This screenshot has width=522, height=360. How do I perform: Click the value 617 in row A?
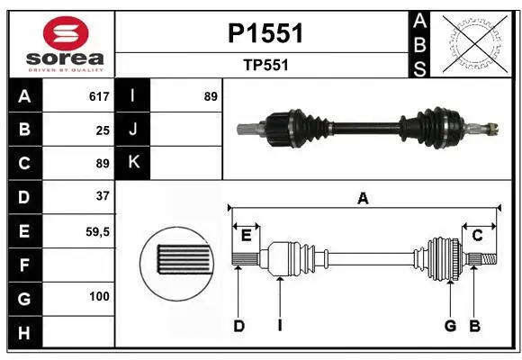pyautogui.click(x=99, y=96)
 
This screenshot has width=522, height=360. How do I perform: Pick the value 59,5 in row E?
pyautogui.click(x=97, y=231)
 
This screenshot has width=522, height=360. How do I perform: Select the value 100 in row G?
pyautogui.click(x=99, y=296)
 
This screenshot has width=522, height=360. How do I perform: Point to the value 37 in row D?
pyautogui.click(x=102, y=195)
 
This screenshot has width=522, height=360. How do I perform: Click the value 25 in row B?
pyautogui.click(x=102, y=130)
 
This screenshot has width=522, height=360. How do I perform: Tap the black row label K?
pyautogui.click(x=133, y=163)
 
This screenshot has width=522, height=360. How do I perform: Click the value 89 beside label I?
pyautogui.click(x=211, y=96)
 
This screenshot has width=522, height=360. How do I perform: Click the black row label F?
pyautogui.click(x=23, y=265)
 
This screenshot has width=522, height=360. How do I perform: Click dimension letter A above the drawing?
pyautogui.click(x=363, y=199)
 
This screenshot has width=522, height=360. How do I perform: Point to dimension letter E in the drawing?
pyautogui.click(x=246, y=235)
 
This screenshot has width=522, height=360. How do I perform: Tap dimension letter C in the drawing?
pyautogui.click(x=478, y=235)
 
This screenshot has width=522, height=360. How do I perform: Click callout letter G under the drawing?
pyautogui.click(x=450, y=326)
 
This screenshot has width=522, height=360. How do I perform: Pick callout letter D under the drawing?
pyautogui.click(x=238, y=326)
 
